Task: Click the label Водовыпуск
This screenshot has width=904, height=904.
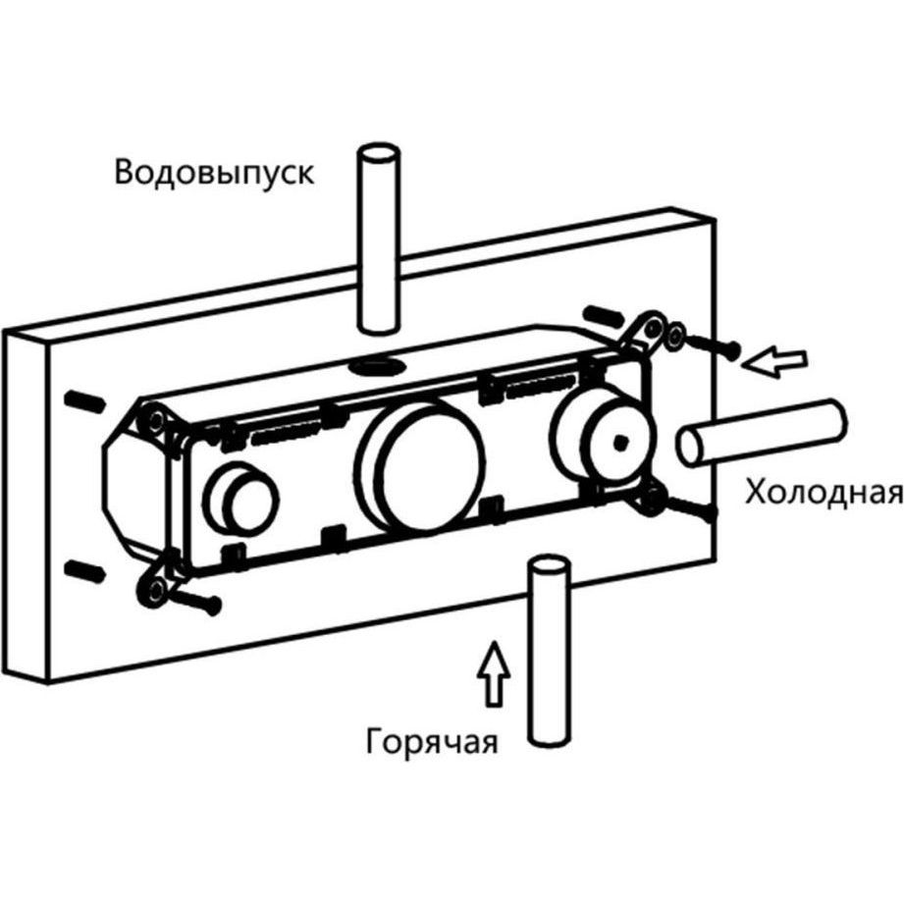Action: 214,175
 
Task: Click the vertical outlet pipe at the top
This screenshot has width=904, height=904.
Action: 378,236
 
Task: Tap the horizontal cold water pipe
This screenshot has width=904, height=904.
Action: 760,431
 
